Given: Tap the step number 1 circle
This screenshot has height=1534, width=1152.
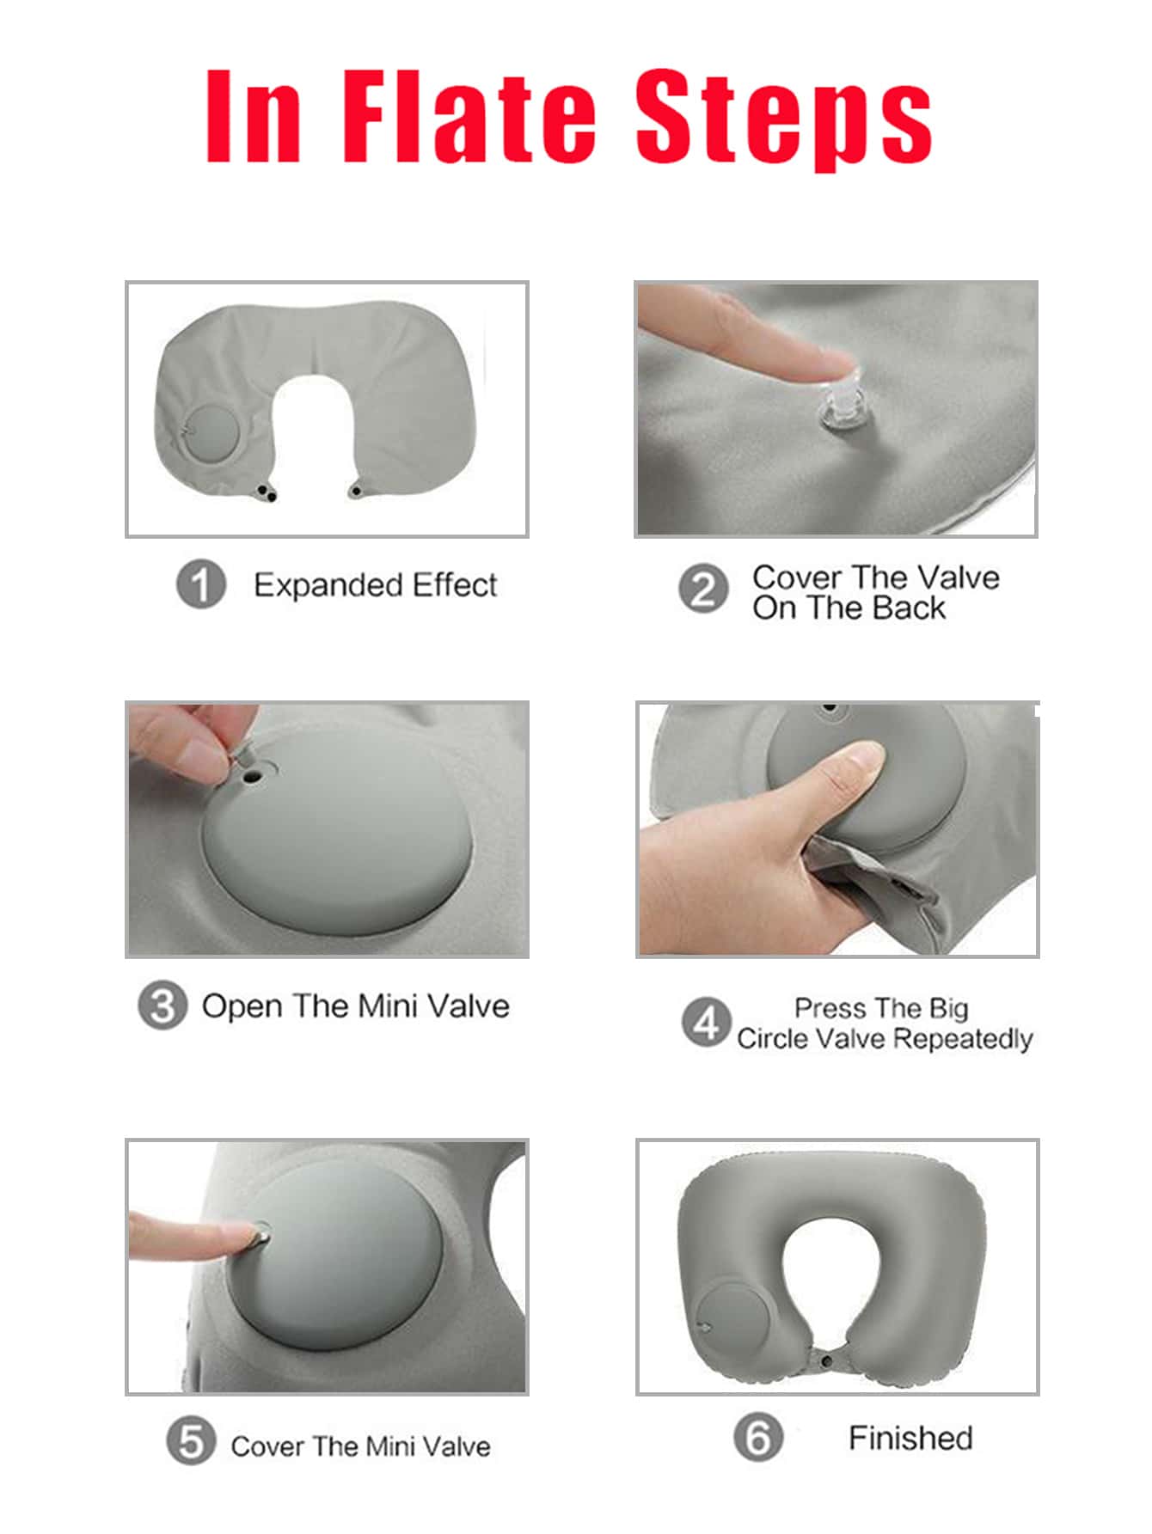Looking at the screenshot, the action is pos(201,585).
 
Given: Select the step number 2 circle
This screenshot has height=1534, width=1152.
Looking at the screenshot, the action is pos(703,590).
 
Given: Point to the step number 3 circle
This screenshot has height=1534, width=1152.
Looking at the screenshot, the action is pos(162,1005).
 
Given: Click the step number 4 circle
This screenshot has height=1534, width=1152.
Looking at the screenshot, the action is pos(706,1022).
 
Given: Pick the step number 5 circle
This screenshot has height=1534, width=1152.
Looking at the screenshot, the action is pos(191,1441).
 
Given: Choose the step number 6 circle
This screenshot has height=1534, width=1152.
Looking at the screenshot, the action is pos(758,1436).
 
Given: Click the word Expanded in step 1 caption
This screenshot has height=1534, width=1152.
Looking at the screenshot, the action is pos(328,586).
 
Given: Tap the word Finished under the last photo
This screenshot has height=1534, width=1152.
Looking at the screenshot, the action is pos(910,1438).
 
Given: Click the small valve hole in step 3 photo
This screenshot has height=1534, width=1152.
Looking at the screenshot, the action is pos(253,777).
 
